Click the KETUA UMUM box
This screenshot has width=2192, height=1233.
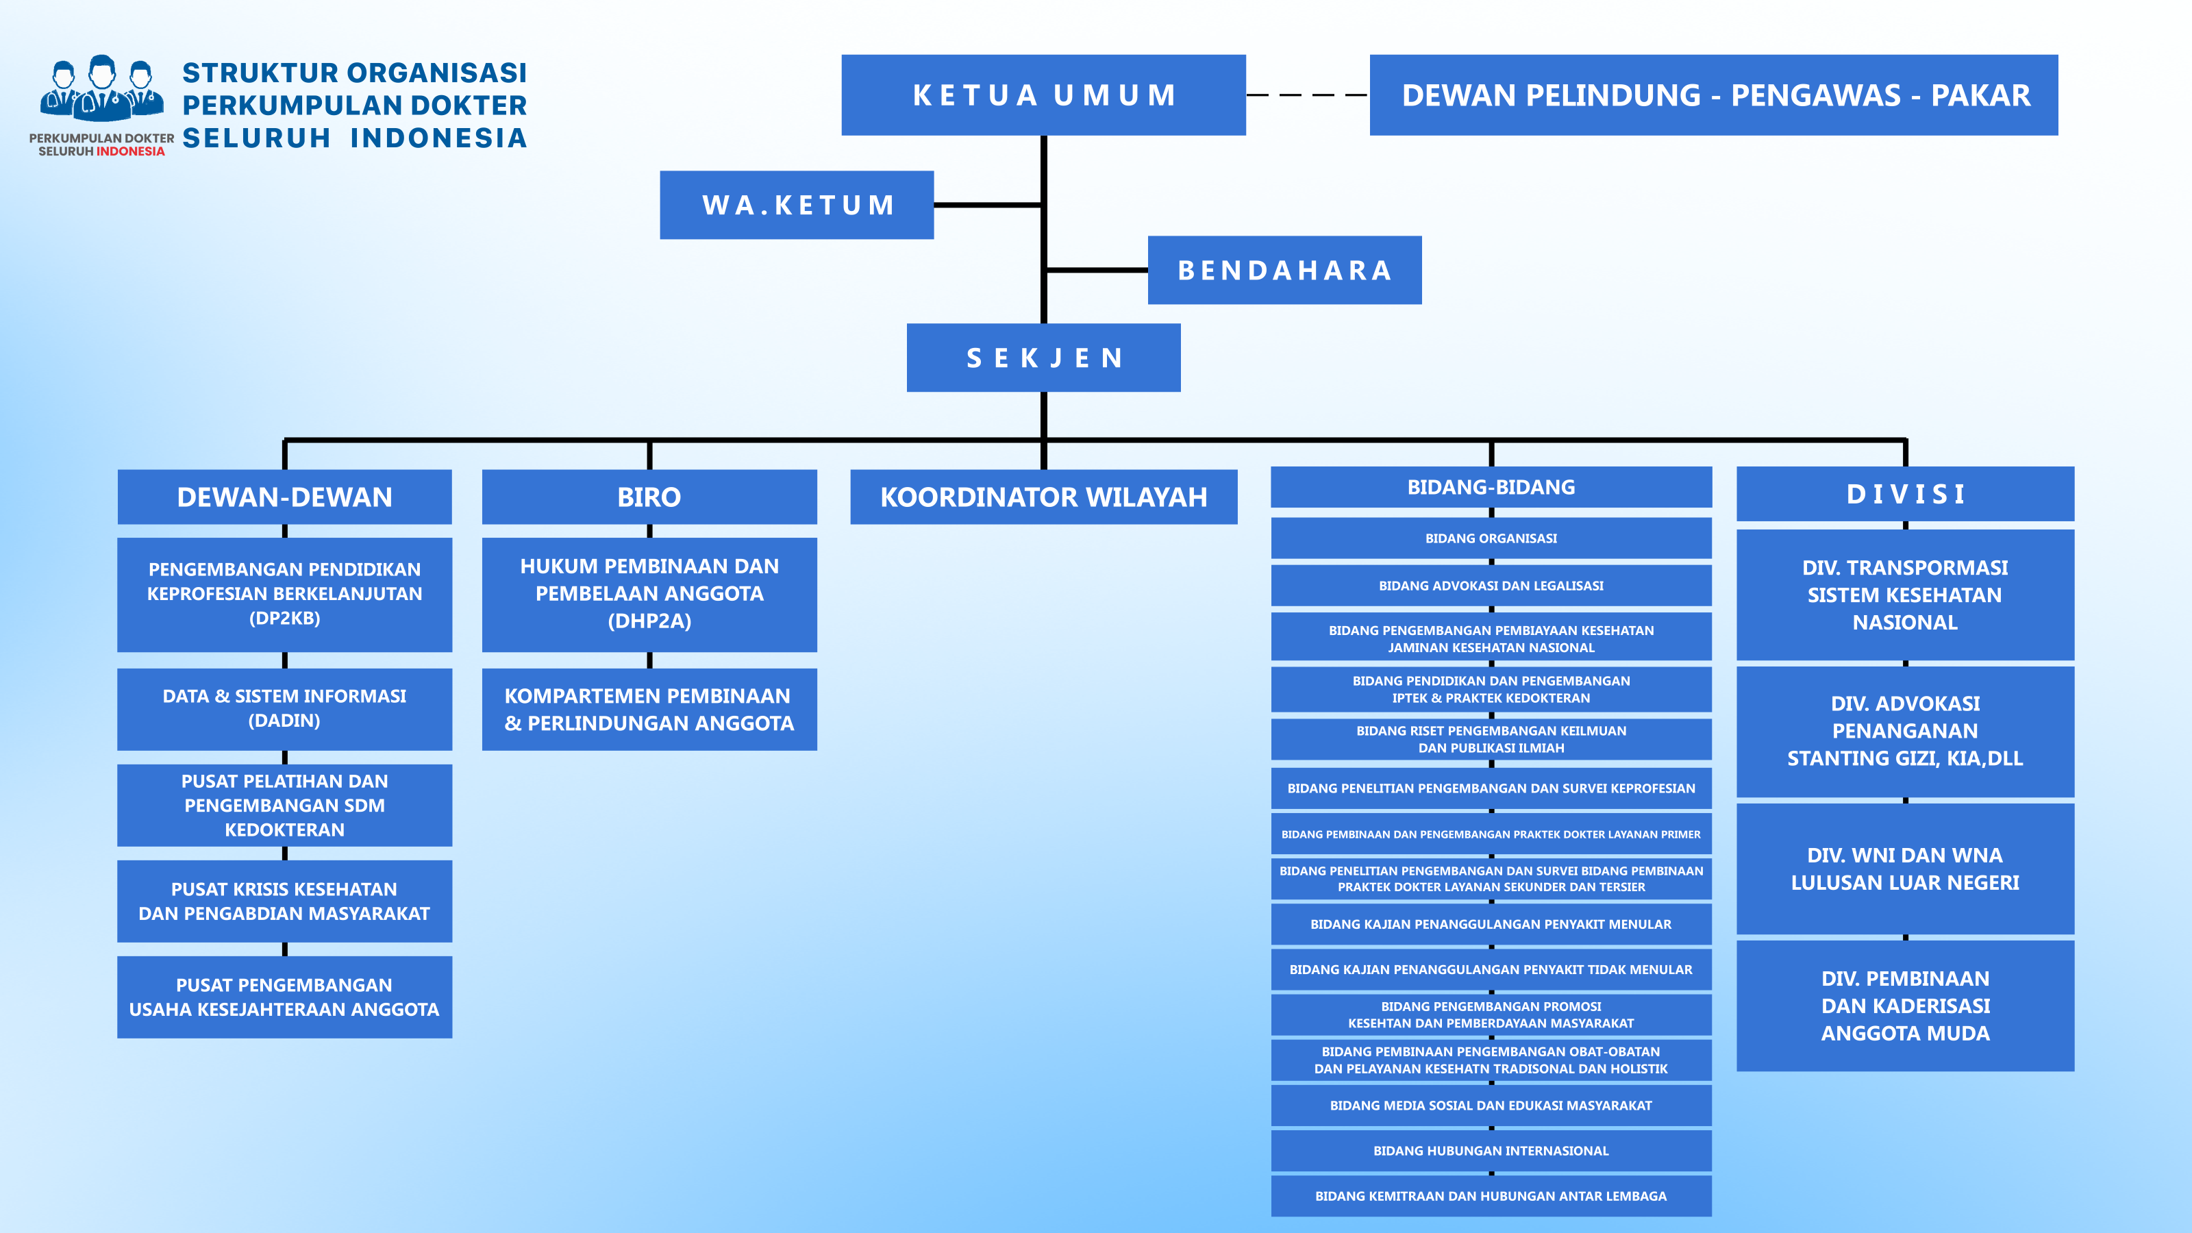coord(1043,95)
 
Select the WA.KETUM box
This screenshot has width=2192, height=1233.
coord(797,205)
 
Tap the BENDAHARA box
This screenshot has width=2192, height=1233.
coord(1284,270)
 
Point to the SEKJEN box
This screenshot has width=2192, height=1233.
coord(1043,358)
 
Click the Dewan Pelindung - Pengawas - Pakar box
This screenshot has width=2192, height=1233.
coord(1714,95)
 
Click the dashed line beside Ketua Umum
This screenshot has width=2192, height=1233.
coord(1308,95)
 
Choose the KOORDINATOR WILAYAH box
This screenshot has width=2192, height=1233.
coord(1043,497)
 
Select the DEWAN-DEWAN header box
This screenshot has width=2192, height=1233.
coord(284,497)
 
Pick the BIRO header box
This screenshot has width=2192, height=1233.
coord(649,497)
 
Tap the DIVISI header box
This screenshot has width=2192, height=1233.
coord(1905,493)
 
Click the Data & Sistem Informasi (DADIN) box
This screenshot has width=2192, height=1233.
coord(284,709)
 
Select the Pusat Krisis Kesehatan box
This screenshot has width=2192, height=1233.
coord(284,901)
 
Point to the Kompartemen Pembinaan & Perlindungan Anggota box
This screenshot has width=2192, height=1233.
coord(649,709)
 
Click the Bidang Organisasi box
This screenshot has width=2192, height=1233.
coord(1491,538)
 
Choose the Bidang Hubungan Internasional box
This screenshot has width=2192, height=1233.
coord(1491,1151)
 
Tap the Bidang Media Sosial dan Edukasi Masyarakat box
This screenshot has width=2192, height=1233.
coord(1491,1106)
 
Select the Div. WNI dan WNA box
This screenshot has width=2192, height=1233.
coord(1905,869)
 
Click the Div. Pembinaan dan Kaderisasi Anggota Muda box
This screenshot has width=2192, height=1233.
coord(1905,1006)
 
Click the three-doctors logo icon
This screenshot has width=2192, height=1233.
coord(102,88)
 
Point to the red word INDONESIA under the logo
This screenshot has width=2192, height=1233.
coord(130,151)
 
